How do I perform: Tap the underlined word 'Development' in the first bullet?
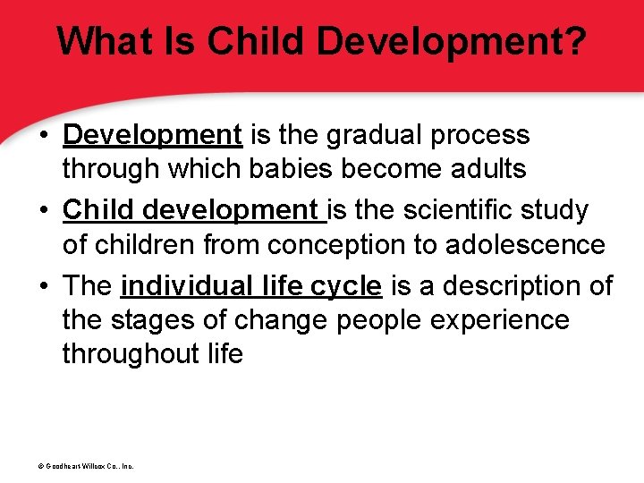click(153, 135)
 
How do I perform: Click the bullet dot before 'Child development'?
click(43, 211)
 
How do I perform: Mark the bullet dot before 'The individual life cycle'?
click(43, 287)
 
